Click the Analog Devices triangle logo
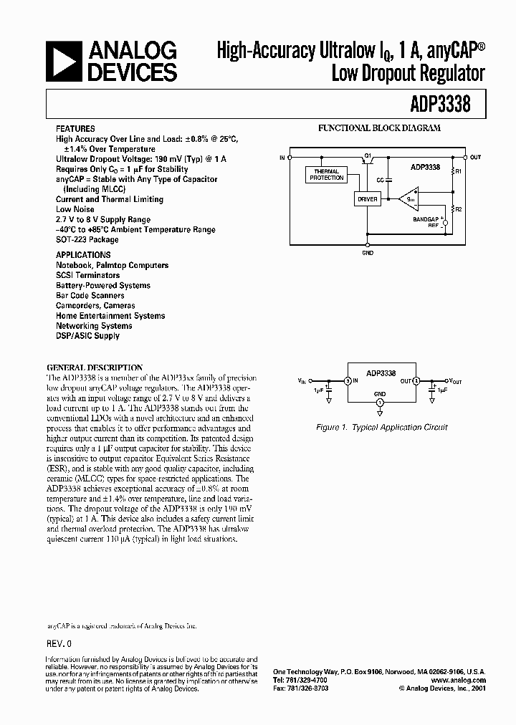coord(63,61)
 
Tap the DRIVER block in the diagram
coord(367,200)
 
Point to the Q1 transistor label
coord(368,155)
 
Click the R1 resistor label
coord(459,172)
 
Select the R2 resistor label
coord(459,209)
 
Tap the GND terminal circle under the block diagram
coord(367,244)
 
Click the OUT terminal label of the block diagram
coord(476,156)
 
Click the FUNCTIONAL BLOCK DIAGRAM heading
coord(380,128)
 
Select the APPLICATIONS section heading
coord(83,255)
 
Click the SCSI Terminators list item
coord(87,275)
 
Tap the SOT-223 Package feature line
coord(87,240)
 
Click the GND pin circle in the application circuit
coord(380,404)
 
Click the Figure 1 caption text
coord(381,428)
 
